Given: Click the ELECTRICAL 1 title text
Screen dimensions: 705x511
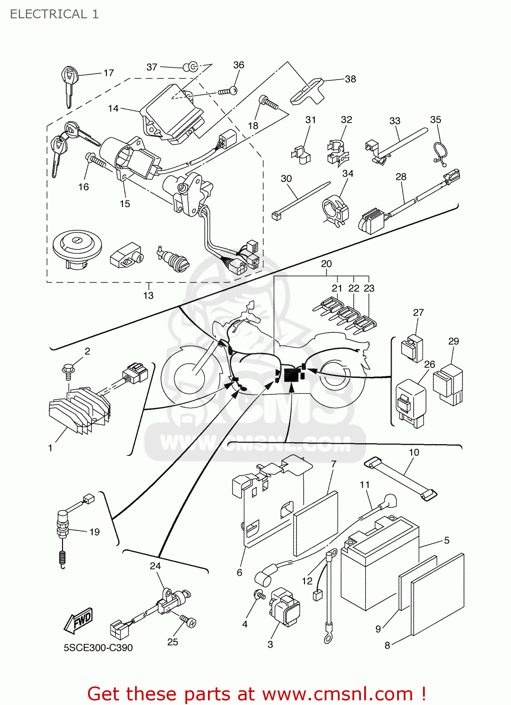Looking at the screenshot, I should point(54,14).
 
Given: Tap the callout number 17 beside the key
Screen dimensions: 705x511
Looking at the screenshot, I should point(109,73).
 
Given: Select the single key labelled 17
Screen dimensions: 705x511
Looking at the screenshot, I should point(69,85).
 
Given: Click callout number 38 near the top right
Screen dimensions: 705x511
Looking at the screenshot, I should point(351,79).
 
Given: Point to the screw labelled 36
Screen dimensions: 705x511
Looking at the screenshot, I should point(227,91).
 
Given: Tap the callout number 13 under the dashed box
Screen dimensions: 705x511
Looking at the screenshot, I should point(148,295).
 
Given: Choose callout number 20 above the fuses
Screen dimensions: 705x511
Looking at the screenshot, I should point(326,264).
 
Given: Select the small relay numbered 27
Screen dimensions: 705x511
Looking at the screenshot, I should point(412,348).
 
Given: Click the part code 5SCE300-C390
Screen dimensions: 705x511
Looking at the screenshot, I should point(98,648).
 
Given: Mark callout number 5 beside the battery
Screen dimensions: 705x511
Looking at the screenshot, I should point(447,540).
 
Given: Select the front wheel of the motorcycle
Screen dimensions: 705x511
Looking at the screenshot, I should point(191,376).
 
